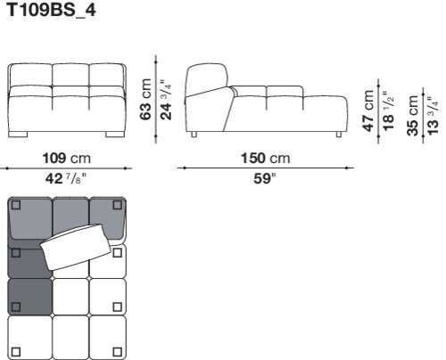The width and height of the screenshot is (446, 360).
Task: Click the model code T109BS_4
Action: [x=51, y=10]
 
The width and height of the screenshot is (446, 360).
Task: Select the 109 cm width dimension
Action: [x=67, y=158]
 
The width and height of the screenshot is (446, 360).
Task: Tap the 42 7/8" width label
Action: [x=66, y=179]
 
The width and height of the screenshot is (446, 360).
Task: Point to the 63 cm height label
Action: [x=145, y=99]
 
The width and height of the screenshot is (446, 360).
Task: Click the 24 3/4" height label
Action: [x=166, y=100]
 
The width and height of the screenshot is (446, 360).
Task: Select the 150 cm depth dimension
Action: [x=265, y=158]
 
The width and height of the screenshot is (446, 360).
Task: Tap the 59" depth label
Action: [x=265, y=179]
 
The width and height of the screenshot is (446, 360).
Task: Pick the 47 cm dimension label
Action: [x=368, y=110]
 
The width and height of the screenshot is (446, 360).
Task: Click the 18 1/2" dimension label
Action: [x=388, y=110]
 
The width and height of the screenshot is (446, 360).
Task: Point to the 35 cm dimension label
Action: [x=413, y=116]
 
